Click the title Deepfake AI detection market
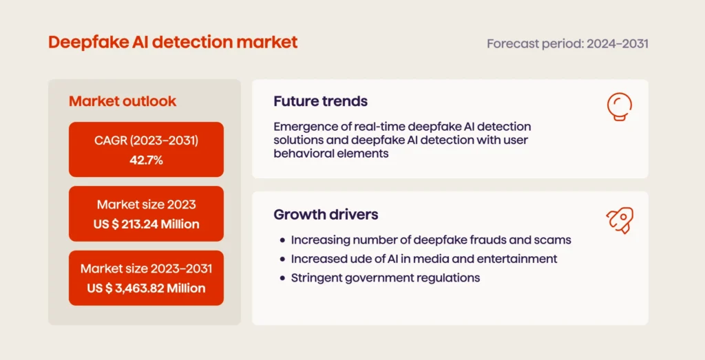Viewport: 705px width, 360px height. coord(173,42)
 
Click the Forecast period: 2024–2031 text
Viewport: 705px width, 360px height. coord(567,43)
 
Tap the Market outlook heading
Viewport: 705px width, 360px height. coord(123,101)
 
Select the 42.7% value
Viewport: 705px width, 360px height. coord(146,159)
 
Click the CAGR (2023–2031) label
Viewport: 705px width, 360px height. coord(146,141)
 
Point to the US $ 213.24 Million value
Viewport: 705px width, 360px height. coord(146,224)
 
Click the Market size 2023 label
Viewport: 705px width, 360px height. coord(146,204)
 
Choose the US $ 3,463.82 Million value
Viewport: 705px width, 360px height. coord(146,288)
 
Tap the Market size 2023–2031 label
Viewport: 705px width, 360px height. coord(146,268)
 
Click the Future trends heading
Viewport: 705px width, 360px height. coord(320,101)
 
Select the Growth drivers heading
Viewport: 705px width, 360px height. coord(326,214)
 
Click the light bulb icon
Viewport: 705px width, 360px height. coord(619,107)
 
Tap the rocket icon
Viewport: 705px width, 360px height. coord(619,220)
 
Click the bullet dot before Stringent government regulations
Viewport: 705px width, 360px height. coord(282,279)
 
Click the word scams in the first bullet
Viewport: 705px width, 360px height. coord(555,240)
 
